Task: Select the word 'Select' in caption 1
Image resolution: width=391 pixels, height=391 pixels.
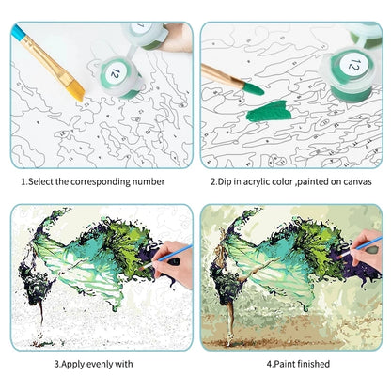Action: pyautogui.click(x=42, y=181)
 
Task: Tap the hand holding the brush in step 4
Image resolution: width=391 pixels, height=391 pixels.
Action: pyautogui.click(x=367, y=258)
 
